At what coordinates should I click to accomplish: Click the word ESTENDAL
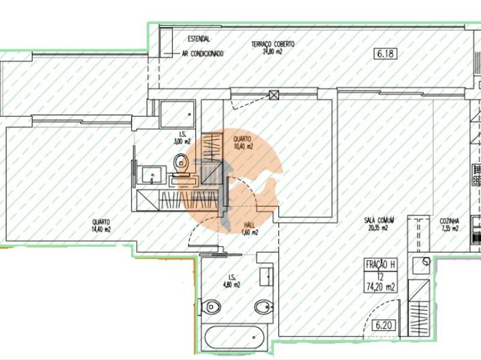pos(197,39)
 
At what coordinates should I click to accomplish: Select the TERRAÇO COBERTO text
pos(272,44)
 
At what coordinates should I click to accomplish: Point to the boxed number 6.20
pos(386,326)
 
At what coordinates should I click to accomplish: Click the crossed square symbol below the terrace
pos(274,95)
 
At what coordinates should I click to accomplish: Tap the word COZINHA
pos(450,221)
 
